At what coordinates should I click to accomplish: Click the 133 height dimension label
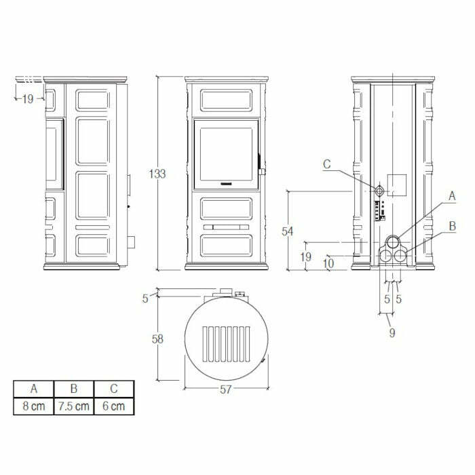click(x=157, y=174)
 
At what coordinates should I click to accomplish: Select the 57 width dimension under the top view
click(x=226, y=389)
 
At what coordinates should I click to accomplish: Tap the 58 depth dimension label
click(x=157, y=339)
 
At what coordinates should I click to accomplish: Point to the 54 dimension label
click(x=288, y=231)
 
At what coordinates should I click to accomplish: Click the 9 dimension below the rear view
click(x=392, y=332)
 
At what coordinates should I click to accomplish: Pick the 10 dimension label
click(x=329, y=263)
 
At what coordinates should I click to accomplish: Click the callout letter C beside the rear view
click(x=326, y=164)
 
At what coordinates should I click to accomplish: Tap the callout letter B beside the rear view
click(x=451, y=225)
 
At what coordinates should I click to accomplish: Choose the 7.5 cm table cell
click(x=73, y=406)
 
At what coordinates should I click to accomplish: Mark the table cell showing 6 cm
click(x=113, y=406)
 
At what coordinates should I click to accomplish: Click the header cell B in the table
click(x=73, y=389)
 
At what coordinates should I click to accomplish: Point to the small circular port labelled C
click(x=381, y=190)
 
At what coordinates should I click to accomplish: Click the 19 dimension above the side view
click(x=27, y=99)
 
